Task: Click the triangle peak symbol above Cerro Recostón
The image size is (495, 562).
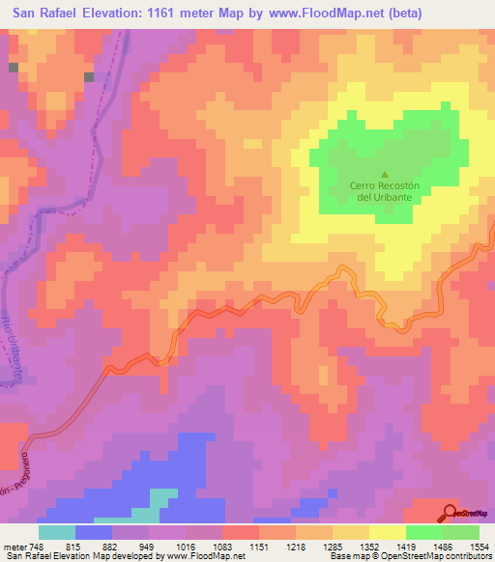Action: click(x=384, y=173)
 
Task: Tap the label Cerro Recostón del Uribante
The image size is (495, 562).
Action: click(x=384, y=190)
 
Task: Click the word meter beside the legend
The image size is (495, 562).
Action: click(x=14, y=546)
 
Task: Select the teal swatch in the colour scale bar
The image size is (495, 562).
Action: click(x=56, y=532)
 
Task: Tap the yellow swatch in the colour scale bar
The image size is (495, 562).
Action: click(x=387, y=532)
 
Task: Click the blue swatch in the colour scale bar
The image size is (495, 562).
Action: click(x=93, y=532)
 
